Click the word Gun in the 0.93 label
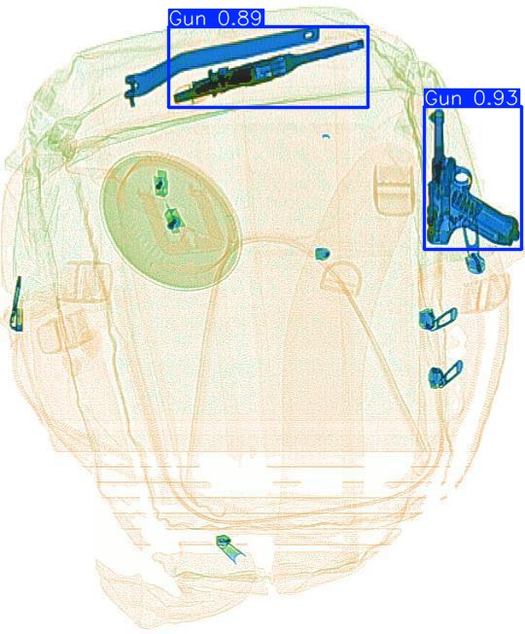click(x=443, y=98)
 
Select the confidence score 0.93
click(x=496, y=98)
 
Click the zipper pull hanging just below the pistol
click(x=474, y=262)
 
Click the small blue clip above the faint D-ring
click(x=323, y=254)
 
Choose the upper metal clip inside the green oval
click(x=158, y=182)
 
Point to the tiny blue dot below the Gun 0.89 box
click(x=326, y=136)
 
